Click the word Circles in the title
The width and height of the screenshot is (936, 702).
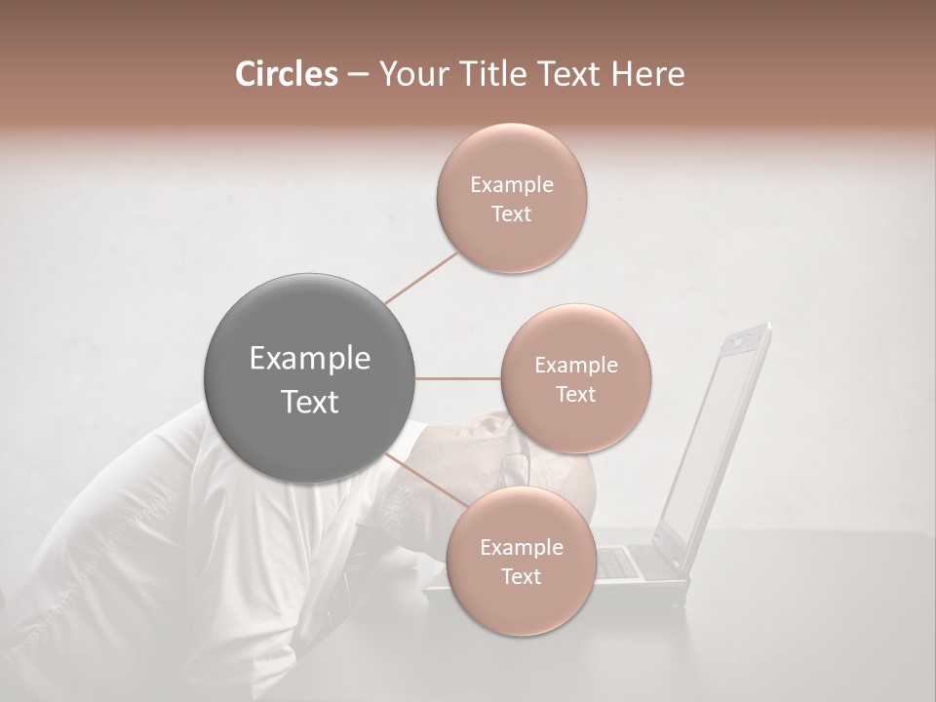[x=286, y=74]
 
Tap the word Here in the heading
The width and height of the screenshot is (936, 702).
[x=648, y=74]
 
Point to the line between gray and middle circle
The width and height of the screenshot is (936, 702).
[x=458, y=378]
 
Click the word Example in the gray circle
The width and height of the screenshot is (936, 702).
[x=310, y=359]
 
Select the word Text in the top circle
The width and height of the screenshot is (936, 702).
[x=511, y=214]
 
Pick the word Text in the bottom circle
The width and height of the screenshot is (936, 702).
[x=521, y=577]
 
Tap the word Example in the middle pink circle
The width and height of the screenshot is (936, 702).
[x=576, y=366]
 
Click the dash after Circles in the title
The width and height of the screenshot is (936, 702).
[x=357, y=74]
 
